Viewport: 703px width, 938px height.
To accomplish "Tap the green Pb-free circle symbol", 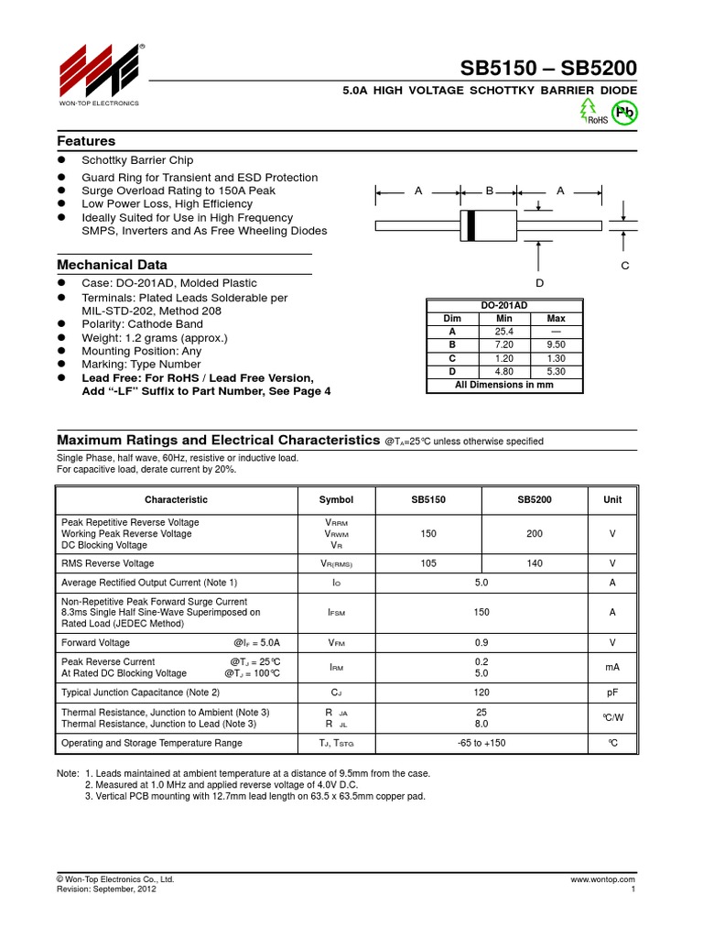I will click(625, 113).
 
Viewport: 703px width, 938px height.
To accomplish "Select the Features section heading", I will click(86, 141).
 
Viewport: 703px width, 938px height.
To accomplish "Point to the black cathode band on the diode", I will click(470, 225).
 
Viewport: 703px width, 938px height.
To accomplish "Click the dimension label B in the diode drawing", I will click(490, 191).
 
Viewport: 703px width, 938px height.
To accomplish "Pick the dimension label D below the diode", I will click(540, 283).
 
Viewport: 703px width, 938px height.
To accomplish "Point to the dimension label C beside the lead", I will click(625, 265).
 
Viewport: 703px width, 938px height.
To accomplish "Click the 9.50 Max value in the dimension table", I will click(556, 345).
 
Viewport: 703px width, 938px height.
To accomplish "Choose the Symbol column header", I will click(336, 499).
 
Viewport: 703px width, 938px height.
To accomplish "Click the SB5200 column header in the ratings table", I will click(535, 499).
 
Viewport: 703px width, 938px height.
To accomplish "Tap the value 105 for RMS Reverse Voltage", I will click(428, 563).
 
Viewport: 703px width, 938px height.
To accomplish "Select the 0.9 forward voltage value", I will click(481, 642).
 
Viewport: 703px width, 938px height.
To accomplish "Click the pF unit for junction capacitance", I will click(612, 692).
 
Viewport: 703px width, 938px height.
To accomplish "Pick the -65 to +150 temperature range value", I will click(481, 743).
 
